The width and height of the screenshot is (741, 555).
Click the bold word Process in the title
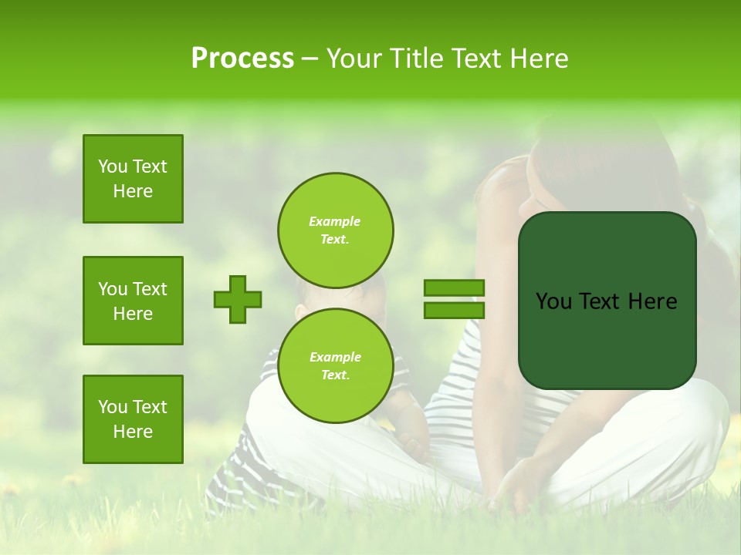click(242, 59)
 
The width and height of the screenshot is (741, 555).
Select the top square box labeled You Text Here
click(133, 179)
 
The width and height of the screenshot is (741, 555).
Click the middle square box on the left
click(133, 301)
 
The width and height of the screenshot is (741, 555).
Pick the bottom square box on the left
click(133, 419)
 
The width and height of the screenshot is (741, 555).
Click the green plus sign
click(238, 299)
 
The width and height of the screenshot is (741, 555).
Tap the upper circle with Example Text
click(336, 230)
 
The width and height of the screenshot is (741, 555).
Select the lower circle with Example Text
click(336, 365)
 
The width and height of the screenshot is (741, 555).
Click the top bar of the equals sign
click(454, 288)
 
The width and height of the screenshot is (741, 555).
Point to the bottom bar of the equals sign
click(454, 310)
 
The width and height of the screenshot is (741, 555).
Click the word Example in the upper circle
click(334, 221)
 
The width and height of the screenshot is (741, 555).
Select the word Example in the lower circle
click(335, 357)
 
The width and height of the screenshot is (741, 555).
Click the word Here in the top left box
click(133, 191)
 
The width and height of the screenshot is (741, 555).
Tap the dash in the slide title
click(310, 59)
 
